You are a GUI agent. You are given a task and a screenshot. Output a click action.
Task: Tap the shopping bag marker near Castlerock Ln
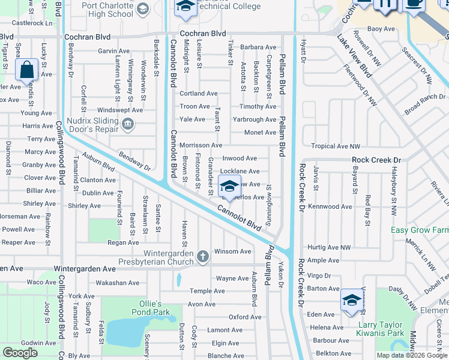(28, 70)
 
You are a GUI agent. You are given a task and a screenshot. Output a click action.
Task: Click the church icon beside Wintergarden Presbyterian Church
(203, 257)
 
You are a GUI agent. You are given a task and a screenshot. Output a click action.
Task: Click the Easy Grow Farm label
(420, 230)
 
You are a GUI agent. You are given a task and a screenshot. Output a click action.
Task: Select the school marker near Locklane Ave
(229, 187)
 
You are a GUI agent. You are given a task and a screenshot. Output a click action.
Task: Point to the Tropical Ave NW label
(336, 146)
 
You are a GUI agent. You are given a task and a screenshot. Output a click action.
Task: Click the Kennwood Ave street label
(330, 206)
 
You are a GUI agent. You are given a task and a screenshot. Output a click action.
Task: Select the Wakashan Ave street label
(118, 283)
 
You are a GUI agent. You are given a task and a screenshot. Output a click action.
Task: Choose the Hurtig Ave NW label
(328, 247)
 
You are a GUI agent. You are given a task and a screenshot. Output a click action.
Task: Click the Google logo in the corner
(20, 353)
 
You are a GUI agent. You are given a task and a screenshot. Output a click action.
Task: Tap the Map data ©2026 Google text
(412, 355)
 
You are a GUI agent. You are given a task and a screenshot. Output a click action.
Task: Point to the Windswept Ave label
(120, 110)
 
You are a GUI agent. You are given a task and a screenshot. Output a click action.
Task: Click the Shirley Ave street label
(84, 206)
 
